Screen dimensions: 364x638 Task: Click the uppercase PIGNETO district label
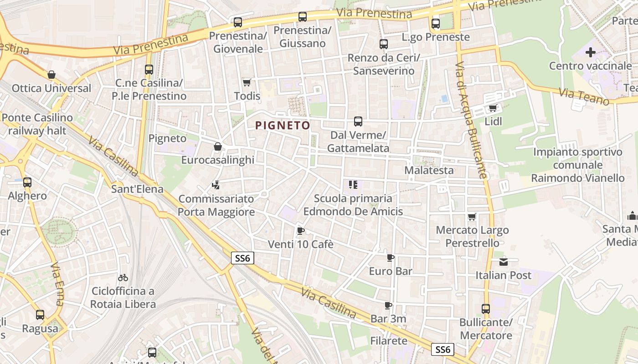click(283, 125)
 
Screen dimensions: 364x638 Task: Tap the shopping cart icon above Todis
click(247, 82)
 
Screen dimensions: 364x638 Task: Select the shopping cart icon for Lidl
click(493, 108)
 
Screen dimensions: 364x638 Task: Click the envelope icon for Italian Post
click(503, 262)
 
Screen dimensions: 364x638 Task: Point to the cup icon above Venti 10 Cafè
click(300, 231)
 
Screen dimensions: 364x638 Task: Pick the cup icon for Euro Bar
click(391, 258)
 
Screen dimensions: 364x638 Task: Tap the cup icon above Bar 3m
click(388, 305)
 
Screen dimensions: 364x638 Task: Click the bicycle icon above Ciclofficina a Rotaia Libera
click(123, 277)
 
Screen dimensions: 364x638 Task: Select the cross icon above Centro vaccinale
click(590, 52)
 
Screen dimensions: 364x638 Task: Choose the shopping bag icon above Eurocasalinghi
click(218, 147)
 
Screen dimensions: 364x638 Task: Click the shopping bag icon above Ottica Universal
click(51, 75)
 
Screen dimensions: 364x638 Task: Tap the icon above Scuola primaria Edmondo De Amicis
click(353, 185)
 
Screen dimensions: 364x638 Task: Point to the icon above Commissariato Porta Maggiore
click(216, 185)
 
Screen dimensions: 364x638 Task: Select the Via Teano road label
click(584, 96)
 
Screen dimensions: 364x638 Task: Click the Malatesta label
click(429, 170)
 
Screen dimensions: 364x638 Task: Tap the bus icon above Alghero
click(27, 182)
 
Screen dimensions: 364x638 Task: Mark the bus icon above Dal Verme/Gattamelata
click(358, 121)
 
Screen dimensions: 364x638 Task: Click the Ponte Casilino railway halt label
click(37, 124)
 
